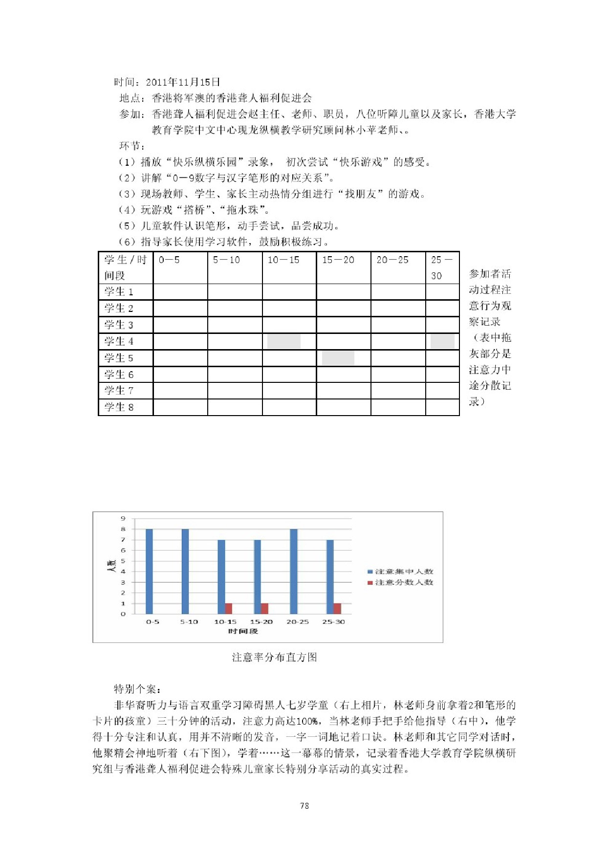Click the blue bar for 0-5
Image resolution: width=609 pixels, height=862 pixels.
pos(149,571)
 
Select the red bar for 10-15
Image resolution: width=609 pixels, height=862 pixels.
pos(229,608)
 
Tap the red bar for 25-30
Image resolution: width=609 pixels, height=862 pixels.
pos(337,608)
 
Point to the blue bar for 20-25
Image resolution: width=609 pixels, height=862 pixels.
pos(294,571)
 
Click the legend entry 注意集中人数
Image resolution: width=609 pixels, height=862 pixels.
pos(400,572)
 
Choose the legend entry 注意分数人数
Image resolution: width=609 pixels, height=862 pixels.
pos(400,582)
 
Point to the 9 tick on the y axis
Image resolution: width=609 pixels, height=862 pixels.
pos(123,518)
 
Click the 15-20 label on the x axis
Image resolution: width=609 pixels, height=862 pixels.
pos(261,622)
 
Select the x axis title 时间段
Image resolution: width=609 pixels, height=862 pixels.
pos(243,631)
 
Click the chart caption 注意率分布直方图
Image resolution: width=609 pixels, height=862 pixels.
pos(274,657)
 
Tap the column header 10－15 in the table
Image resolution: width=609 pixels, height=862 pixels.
pos(283,260)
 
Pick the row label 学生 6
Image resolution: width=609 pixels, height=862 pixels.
pos(119,375)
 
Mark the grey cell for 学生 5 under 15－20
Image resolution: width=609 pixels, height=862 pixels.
pos(338,358)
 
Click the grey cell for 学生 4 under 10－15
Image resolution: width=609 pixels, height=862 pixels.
pos(283,341)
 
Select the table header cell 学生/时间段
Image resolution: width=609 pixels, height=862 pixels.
pos(125,267)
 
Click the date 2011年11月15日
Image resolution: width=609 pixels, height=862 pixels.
pos(183,82)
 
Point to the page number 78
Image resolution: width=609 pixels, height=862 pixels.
pos(304,806)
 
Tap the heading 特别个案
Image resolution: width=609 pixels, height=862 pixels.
pos(137,689)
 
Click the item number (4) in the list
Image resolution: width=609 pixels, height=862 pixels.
pos(127,210)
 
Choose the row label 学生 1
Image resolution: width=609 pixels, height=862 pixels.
pos(119,292)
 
